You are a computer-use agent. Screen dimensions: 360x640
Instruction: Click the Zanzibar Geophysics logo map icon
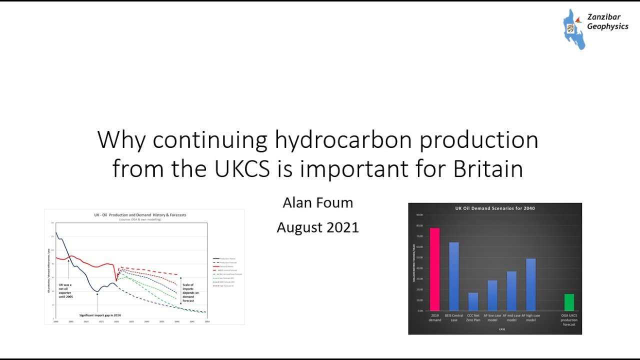pos(573,29)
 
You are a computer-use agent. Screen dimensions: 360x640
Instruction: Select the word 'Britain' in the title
pos(488,169)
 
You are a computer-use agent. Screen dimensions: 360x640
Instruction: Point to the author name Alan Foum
pos(317,202)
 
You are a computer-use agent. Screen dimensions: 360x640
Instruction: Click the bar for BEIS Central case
pos(453,276)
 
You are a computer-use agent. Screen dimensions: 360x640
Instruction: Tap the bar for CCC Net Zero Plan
pos(473,301)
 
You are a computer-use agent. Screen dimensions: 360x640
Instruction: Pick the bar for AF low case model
pos(492,295)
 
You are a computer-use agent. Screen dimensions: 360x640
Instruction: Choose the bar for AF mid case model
pos(511,290)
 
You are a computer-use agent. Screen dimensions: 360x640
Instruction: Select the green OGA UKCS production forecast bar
pos(569,302)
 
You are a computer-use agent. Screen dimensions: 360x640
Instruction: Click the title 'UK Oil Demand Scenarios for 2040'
pos(495,208)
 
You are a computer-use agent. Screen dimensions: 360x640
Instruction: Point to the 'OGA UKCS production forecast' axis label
pos(569,320)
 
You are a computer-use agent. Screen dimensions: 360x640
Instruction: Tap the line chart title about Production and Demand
pos(140,215)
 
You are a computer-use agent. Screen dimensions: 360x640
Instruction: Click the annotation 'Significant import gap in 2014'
pos(100,315)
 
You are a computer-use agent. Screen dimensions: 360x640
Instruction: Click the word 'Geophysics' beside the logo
pos(607,26)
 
